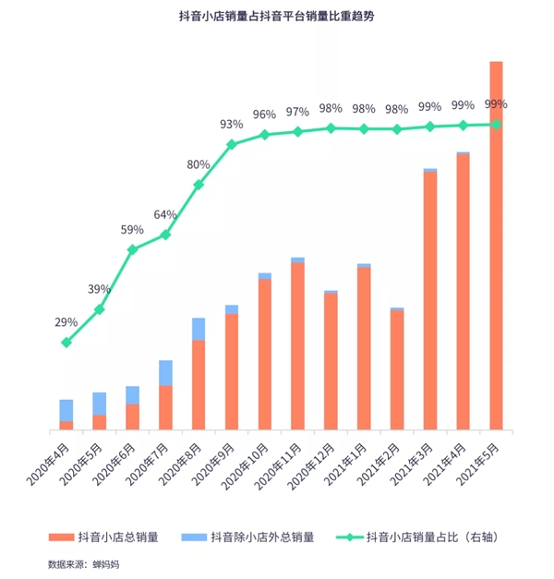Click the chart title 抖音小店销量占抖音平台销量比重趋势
tap(277, 18)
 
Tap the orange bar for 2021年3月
tap(429, 301)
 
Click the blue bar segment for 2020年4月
tap(66, 410)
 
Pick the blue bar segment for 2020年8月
tap(199, 329)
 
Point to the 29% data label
tap(66, 322)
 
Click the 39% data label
tap(99, 289)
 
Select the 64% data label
tap(165, 214)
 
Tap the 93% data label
tap(231, 124)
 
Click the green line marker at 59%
tap(133, 249)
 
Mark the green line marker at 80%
tap(199, 185)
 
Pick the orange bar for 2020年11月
tap(297, 346)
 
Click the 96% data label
tap(264, 115)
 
